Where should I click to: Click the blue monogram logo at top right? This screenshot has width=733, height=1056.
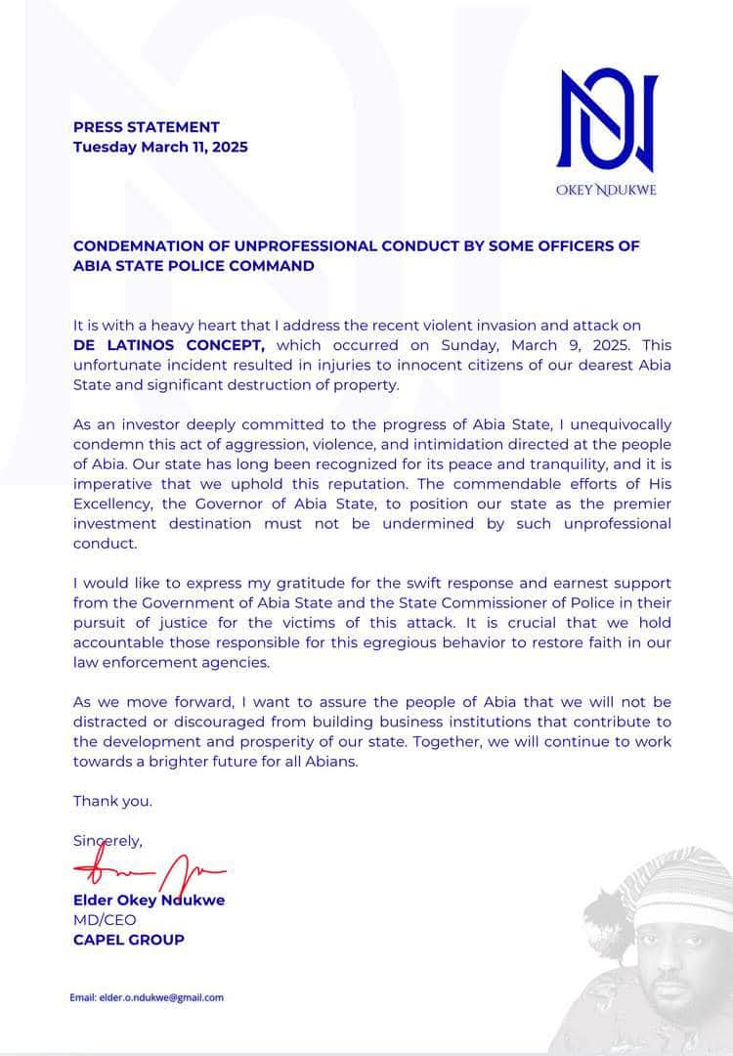(x=606, y=120)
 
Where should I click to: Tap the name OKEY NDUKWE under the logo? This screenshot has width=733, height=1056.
(x=606, y=190)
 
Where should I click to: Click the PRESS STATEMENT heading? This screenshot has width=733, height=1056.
(x=147, y=127)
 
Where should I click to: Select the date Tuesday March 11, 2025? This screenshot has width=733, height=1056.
(x=160, y=148)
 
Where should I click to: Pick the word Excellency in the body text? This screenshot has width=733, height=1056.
(x=112, y=504)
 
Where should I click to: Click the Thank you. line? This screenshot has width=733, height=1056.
(x=113, y=802)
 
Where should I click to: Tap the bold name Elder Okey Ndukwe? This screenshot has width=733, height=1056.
(x=149, y=900)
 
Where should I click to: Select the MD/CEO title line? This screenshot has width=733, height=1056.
(x=105, y=920)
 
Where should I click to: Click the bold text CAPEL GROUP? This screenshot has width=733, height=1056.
(x=129, y=941)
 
